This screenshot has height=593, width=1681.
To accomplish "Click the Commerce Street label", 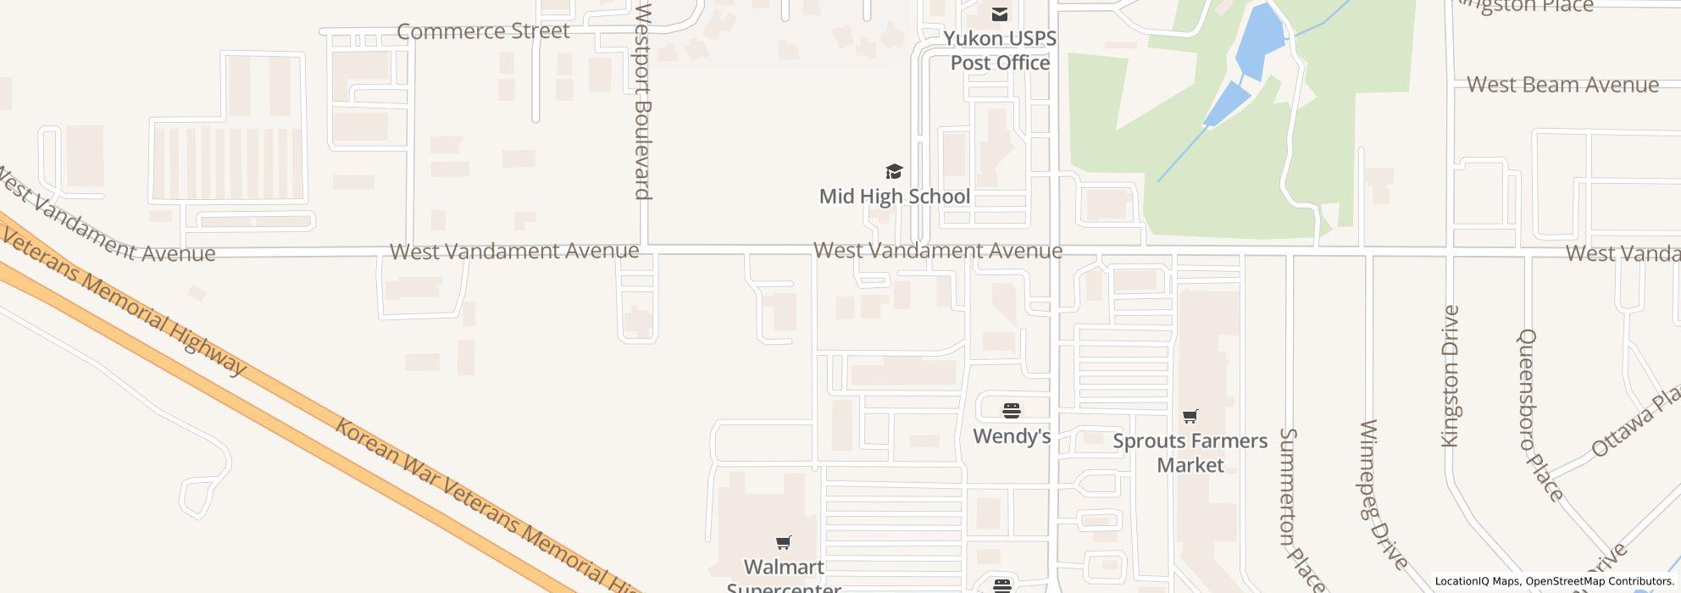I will coord(483,31).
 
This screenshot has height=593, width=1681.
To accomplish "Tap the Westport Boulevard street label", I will coord(643,102).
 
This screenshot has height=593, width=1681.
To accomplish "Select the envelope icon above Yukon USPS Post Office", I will coord(1000,14).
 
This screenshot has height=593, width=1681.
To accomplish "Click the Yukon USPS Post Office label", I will coord(1000,51).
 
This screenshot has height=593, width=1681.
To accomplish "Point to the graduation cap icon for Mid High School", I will coord(894,172).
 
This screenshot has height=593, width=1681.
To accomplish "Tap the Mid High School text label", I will coord(894,197).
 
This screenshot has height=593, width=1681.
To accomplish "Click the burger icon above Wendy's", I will coord(1011,412).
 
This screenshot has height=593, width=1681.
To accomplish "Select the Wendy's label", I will coord(1011,436).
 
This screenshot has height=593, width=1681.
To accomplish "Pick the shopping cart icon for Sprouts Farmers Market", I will coord(1190,416).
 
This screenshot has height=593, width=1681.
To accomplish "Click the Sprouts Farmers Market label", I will coord(1190,452).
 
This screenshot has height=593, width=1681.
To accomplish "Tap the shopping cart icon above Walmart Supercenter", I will coord(783,542).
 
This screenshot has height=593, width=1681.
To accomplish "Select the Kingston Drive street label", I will coord(1451,375).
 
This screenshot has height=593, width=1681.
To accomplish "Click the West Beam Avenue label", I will coord(1562,85).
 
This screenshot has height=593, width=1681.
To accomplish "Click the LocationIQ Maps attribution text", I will coord(1477,582).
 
